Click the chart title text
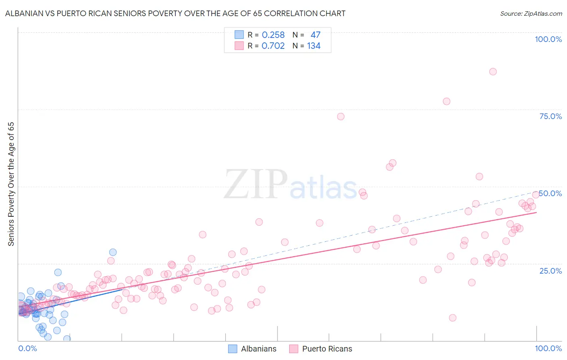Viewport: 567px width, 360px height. [175, 13]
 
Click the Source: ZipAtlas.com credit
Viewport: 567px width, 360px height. [531, 13]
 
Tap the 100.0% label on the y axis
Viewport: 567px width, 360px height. [548, 39]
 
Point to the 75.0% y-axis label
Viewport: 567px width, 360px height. [550, 116]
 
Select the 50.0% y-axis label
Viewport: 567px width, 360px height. [550, 193]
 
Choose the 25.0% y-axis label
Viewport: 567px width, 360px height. [550, 270]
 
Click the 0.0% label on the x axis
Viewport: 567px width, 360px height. [27, 348]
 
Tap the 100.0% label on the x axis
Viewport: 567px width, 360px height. [548, 348]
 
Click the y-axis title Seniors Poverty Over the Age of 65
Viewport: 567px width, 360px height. [11, 184]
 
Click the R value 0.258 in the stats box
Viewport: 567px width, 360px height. [273, 35]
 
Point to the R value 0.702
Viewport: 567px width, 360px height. [273, 46]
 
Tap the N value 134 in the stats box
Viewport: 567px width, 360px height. [314, 46]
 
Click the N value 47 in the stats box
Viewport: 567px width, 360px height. [315, 35]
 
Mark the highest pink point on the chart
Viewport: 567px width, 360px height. [493, 71]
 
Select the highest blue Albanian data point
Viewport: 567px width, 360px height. [113, 252]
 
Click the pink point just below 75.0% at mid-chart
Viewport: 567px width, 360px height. [341, 117]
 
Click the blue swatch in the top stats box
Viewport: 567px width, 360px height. [239, 35]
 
